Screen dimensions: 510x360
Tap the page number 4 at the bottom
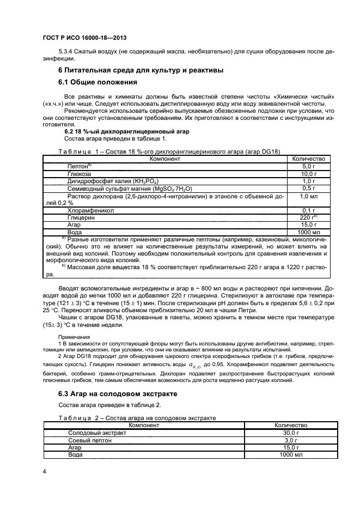tap(44, 470)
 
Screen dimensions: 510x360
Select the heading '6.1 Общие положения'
tap(97, 82)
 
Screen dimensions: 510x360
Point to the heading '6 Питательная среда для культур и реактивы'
tap(141, 70)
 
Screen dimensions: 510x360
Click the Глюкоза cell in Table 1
tap(80, 173)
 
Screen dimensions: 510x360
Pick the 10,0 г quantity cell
tap(309, 173)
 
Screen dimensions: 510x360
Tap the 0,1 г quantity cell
tap(309, 210)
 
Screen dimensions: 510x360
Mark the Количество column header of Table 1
tap(309, 159)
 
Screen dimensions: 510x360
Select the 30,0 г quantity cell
tap(291, 433)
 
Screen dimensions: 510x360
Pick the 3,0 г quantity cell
tap(291, 440)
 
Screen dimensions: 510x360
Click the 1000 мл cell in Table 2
tap(291, 454)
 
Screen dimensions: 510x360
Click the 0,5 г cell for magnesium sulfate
tap(309, 188)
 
